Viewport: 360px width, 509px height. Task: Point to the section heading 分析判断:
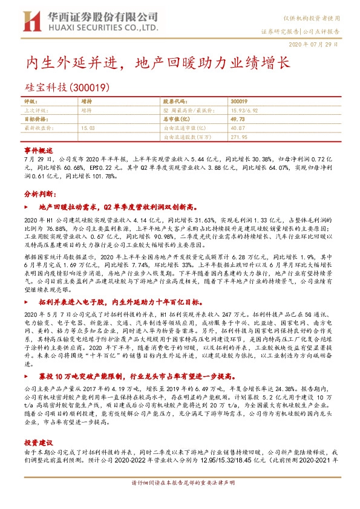click(41, 195)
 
